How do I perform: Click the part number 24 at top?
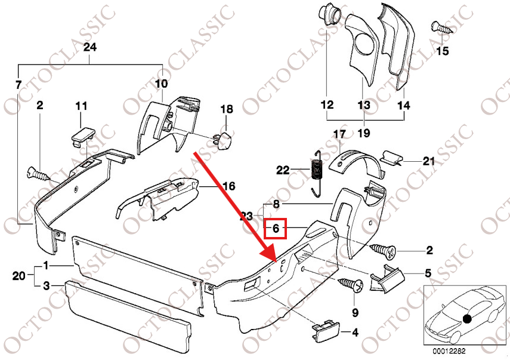click(90, 47)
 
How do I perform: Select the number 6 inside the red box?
click(276, 228)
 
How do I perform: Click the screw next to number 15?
click(438, 26)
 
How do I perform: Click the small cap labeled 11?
click(81, 134)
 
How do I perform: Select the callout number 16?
click(228, 186)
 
